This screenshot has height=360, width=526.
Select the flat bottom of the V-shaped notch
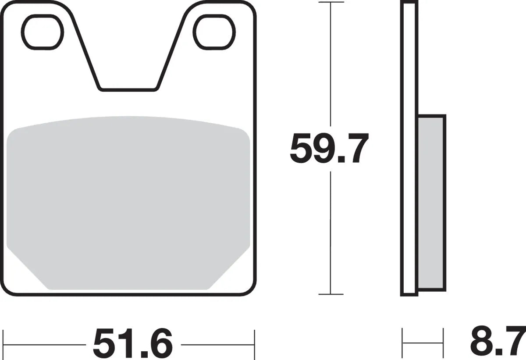(128, 89)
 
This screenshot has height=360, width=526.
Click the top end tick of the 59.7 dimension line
(331, 2)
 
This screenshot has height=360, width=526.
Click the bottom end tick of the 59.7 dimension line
(331, 294)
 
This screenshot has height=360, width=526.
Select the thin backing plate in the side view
(408, 149)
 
